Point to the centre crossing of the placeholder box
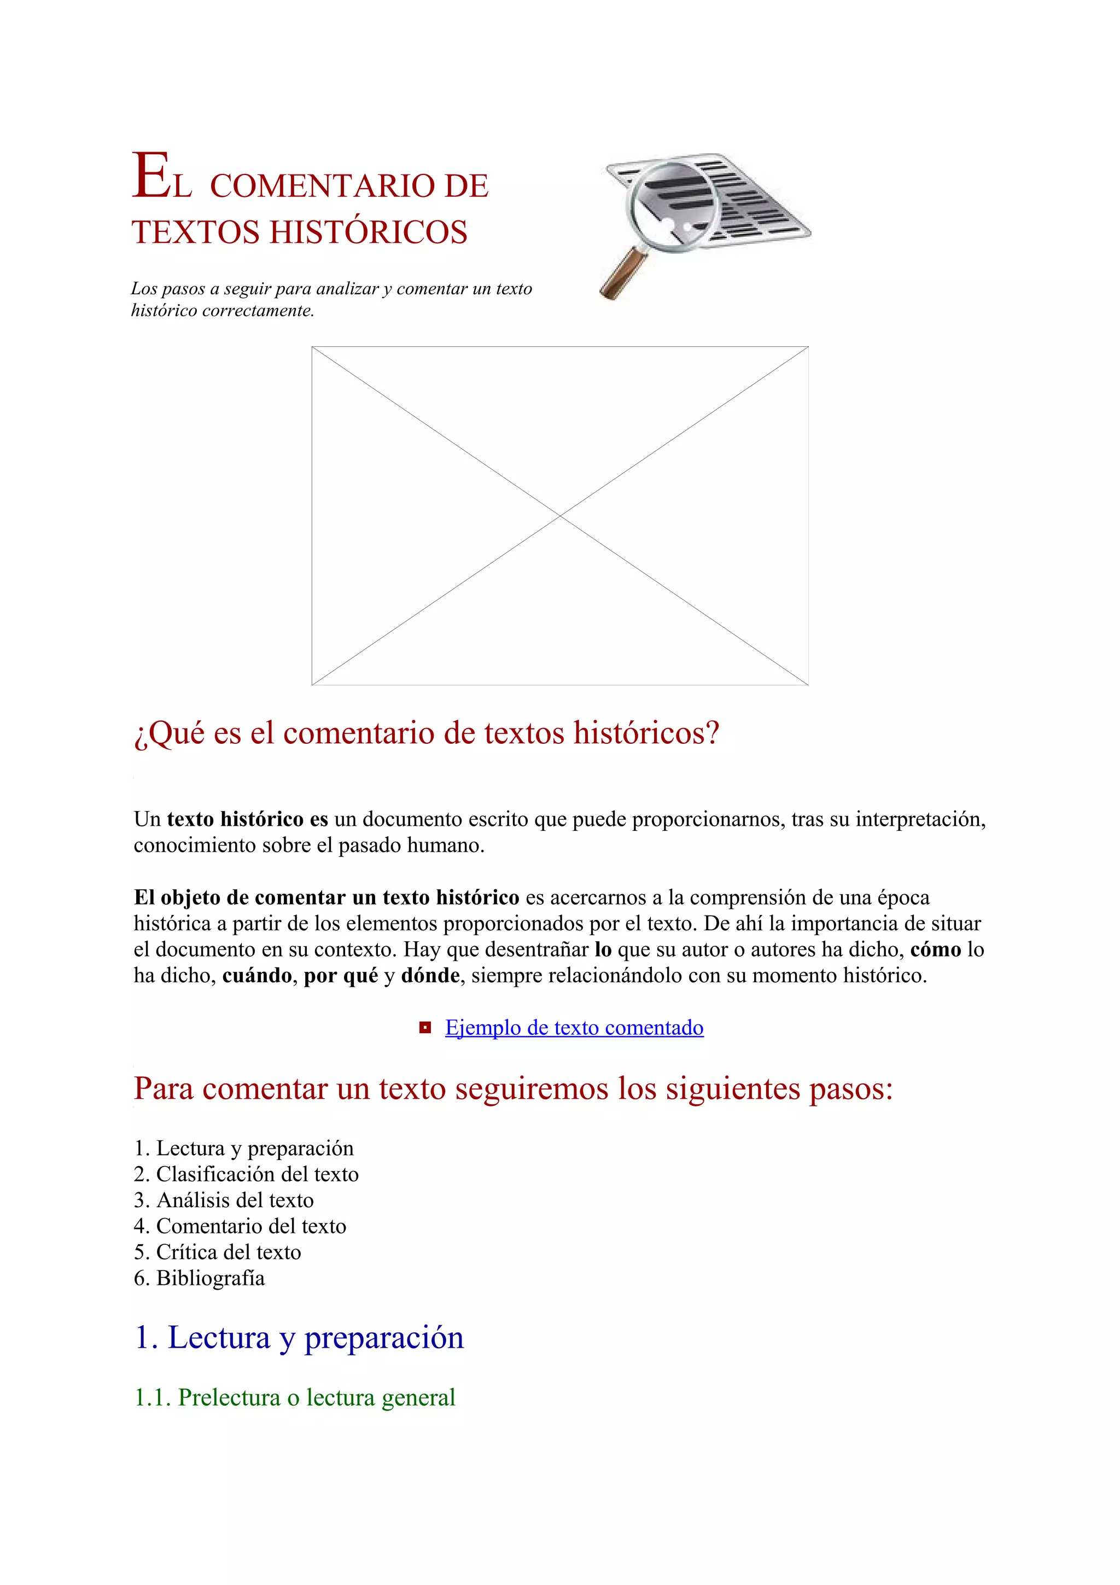pos(559,516)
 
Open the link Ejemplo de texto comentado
pos(574,1028)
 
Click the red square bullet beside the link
pos(425,1028)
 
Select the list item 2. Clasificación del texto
pos(246,1174)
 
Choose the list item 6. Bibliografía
pos(200,1278)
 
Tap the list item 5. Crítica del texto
pos(217,1251)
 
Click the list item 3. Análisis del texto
pos(224,1200)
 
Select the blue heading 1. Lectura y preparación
pos(299,1337)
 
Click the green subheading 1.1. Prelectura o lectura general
pos(295,1397)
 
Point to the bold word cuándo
pos(256,975)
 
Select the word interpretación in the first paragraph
pos(920,819)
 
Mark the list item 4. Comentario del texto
pos(240,1226)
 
